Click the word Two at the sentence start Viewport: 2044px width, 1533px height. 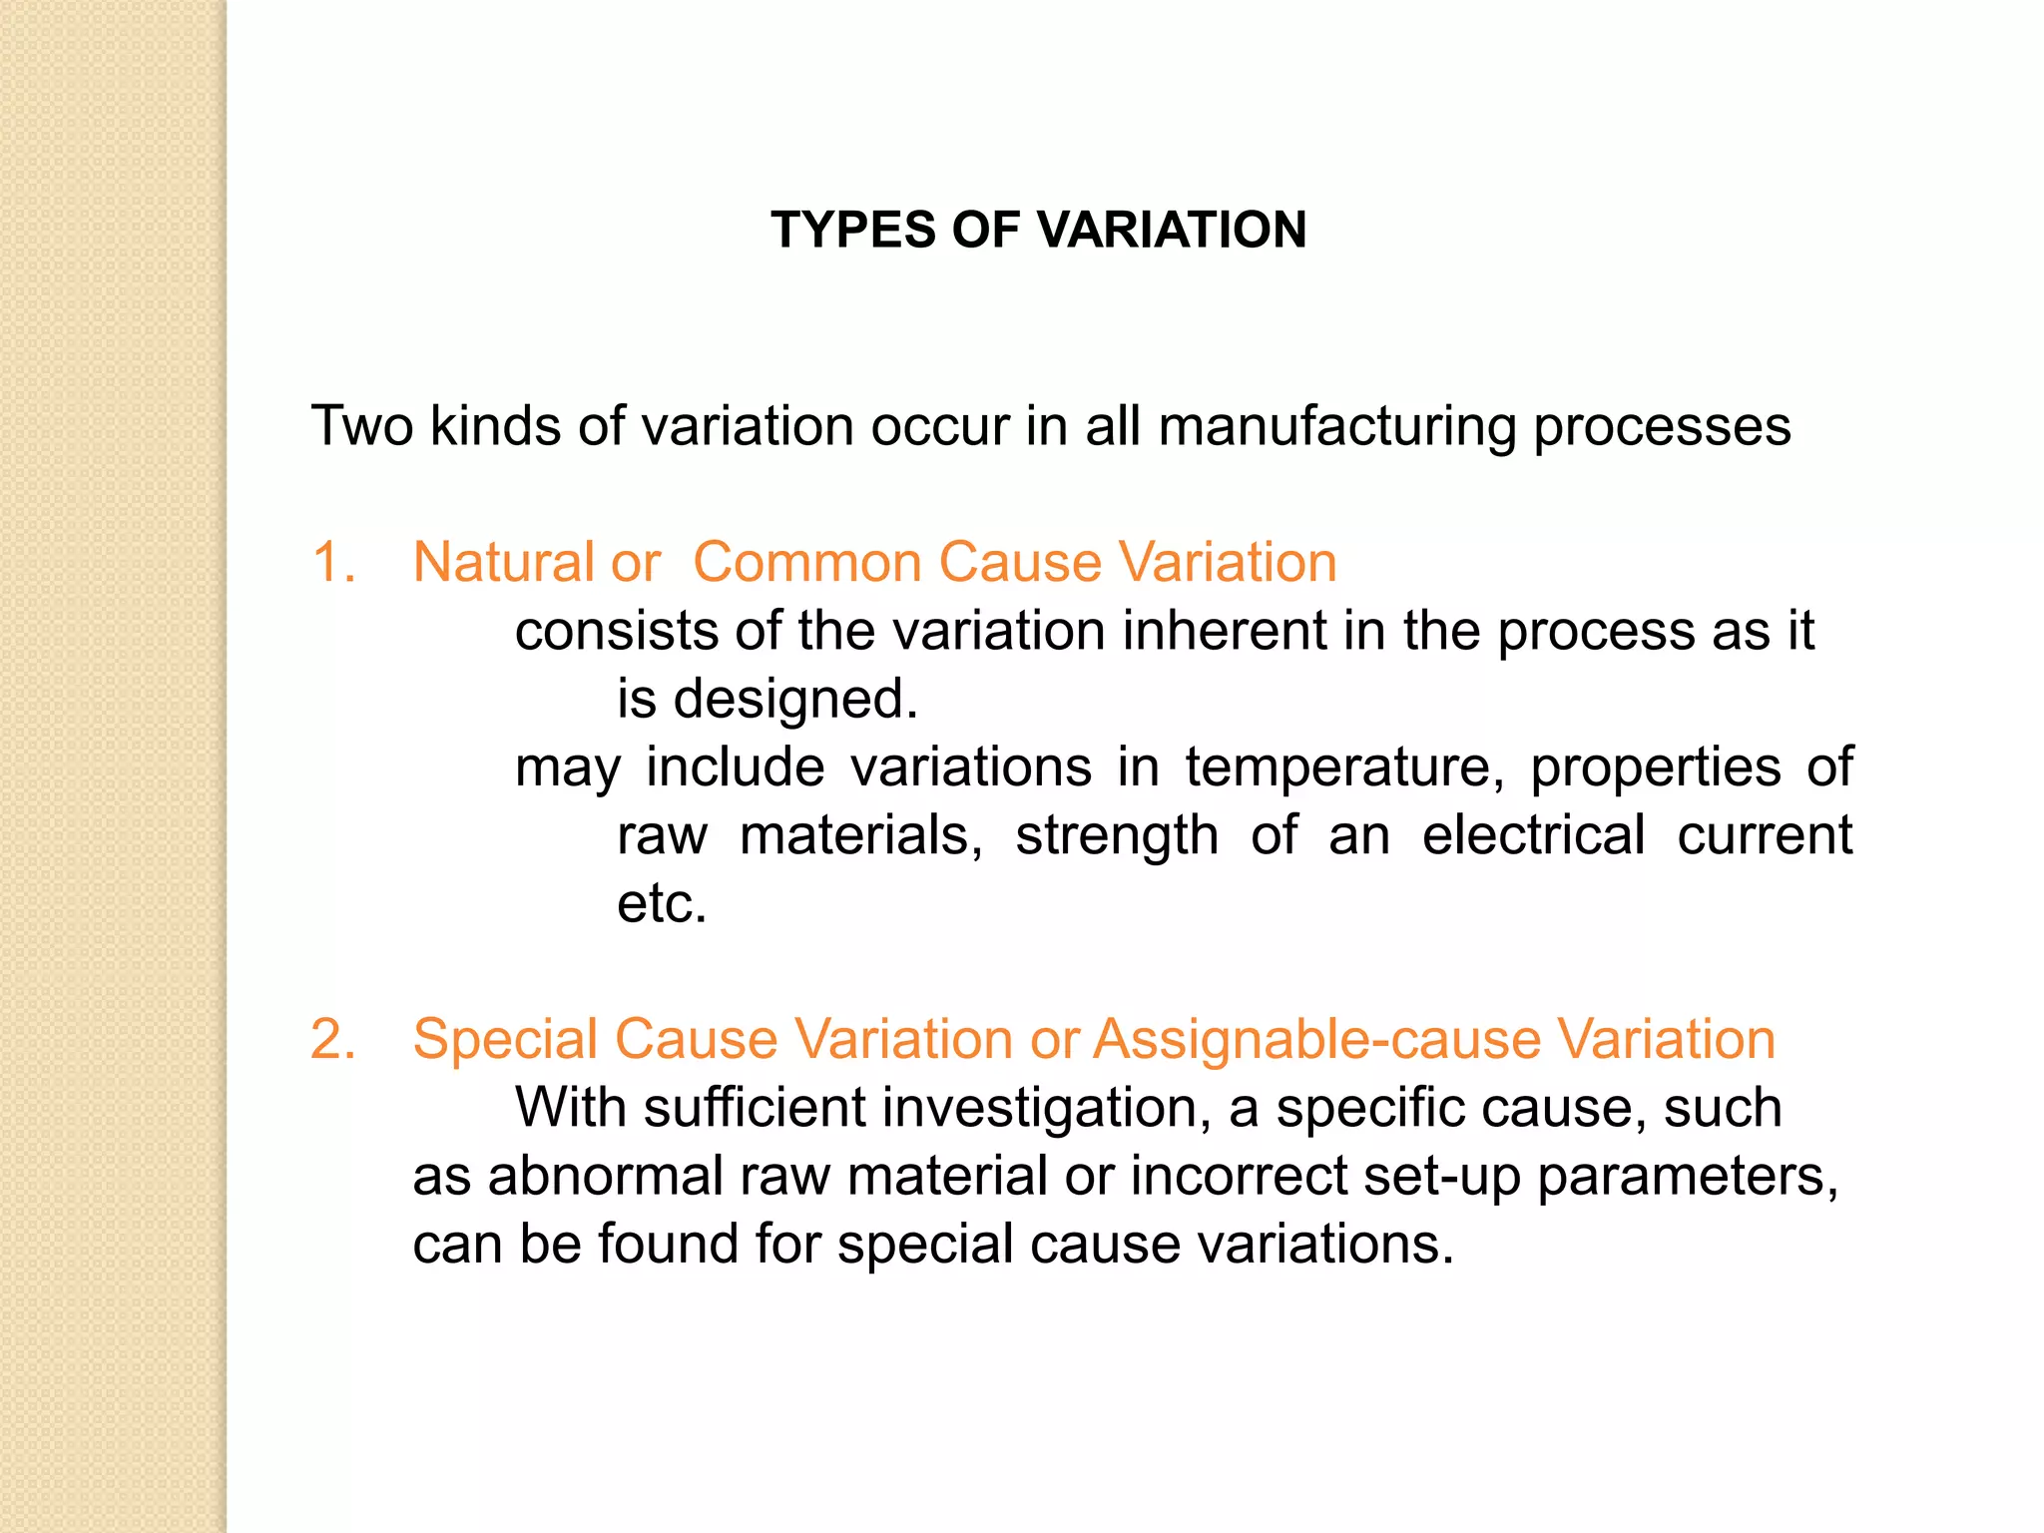tap(362, 426)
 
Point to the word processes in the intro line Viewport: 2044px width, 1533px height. tap(1662, 428)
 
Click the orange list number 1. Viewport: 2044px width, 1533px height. tap(333, 562)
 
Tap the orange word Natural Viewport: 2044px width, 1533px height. tap(504, 562)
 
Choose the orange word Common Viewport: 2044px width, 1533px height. tap(808, 562)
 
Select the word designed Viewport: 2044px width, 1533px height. tap(795, 700)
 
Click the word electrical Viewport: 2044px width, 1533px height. tap(1533, 835)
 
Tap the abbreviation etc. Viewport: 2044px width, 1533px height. tap(662, 904)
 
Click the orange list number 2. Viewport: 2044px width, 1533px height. tap(333, 1039)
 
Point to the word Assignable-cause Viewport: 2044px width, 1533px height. tap(1317, 1039)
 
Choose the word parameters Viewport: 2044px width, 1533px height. tap(1687, 1178)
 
